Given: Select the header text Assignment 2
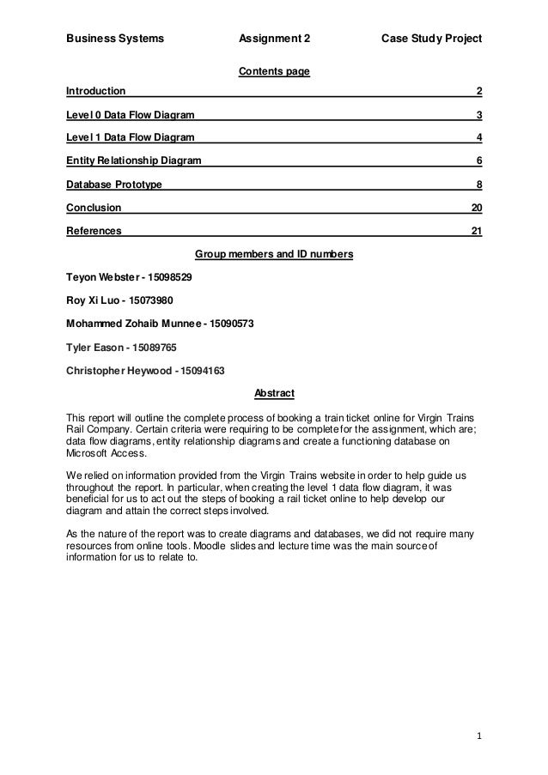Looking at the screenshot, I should point(274,39).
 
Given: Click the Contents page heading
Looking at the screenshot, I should point(273,70).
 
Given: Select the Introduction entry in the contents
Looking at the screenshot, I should point(95,91).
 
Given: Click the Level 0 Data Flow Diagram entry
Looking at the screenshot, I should point(130,114).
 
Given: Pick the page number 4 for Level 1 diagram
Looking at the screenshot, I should point(478,137).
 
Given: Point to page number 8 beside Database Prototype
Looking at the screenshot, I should point(478,184).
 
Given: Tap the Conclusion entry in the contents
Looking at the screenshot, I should point(94,207).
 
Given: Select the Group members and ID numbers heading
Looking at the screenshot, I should point(273,255).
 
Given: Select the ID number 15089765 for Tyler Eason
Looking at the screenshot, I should point(153,348).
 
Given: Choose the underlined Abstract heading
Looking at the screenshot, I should point(274,393).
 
